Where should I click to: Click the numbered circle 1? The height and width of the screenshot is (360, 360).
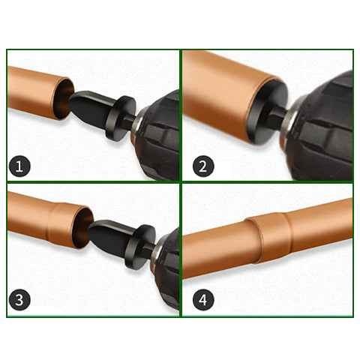[x=19, y=166]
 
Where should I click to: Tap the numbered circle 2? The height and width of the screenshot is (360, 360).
[x=203, y=166]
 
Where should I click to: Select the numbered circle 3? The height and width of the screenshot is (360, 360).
[x=19, y=300]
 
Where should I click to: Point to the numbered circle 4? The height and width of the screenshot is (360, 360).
[x=203, y=300]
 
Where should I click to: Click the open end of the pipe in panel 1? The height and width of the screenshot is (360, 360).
[x=63, y=98]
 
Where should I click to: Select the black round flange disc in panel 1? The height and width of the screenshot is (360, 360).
[x=121, y=118]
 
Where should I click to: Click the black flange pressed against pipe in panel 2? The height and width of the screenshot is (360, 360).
[x=267, y=112]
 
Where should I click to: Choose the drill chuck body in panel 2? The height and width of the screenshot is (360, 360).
[x=320, y=127]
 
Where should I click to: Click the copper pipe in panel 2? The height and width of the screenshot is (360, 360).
[x=225, y=97]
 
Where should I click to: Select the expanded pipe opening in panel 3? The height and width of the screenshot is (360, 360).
[x=82, y=228]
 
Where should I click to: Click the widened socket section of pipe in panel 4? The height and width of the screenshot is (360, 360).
[x=271, y=237]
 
